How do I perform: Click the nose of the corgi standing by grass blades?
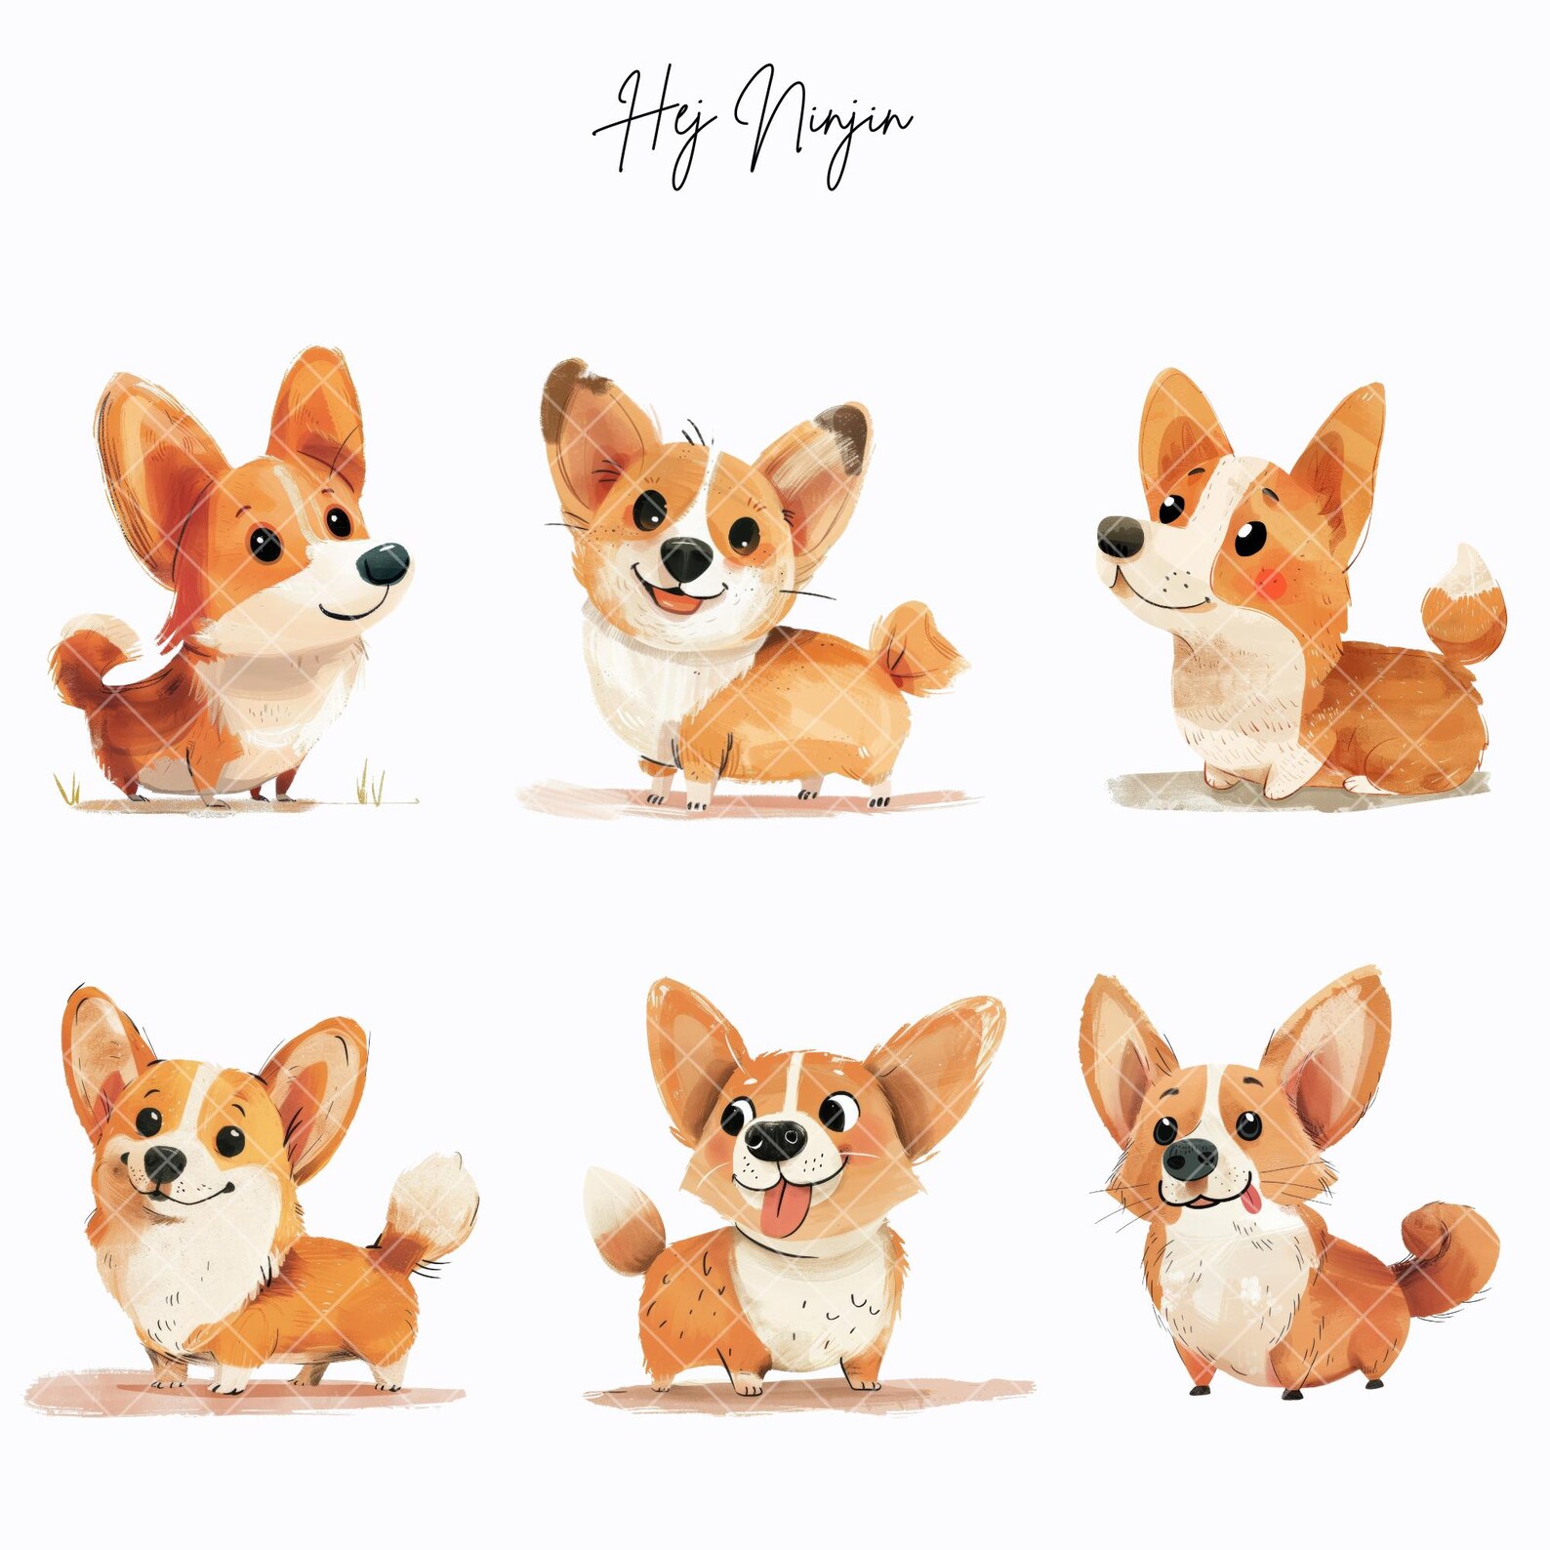pyautogui.click(x=384, y=563)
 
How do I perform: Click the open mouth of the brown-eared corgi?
pyautogui.click(x=678, y=597)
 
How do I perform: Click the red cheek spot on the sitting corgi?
pyautogui.click(x=1269, y=583)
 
